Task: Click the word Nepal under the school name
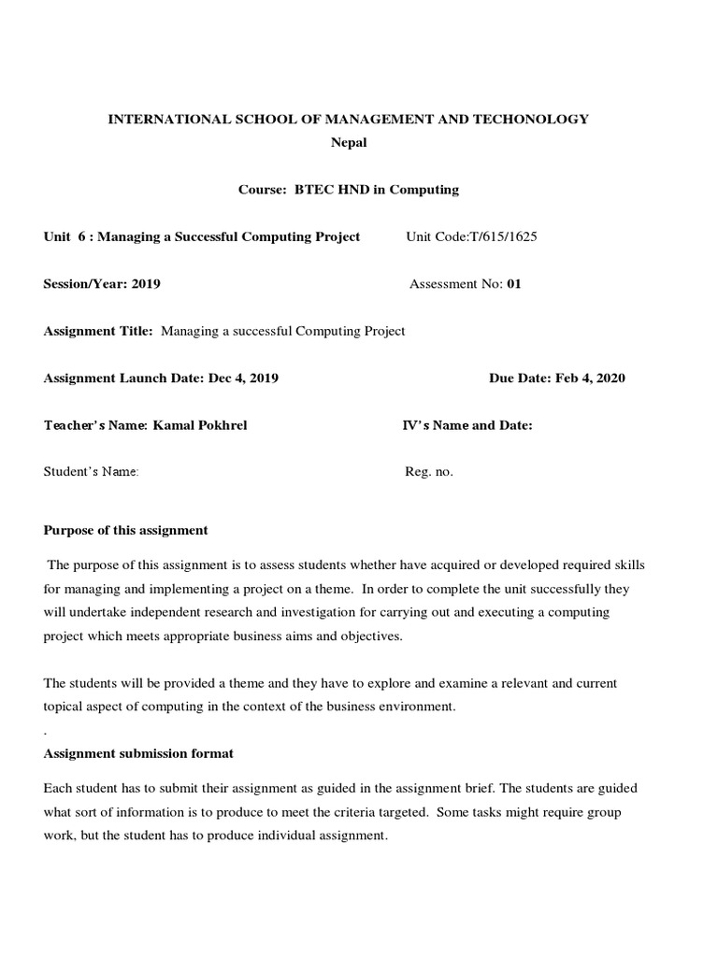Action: pyautogui.click(x=350, y=143)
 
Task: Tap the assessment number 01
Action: pyautogui.click(x=513, y=284)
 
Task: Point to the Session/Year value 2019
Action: pyautogui.click(x=146, y=284)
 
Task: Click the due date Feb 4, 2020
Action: pyautogui.click(x=590, y=379)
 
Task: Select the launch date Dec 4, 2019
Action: pyautogui.click(x=243, y=379)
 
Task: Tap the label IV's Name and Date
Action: pyautogui.click(x=467, y=425)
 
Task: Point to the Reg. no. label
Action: pyautogui.click(x=429, y=472)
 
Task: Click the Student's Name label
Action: pyautogui.click(x=92, y=472)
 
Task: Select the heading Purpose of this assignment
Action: pyautogui.click(x=126, y=530)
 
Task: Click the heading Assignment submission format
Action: pyautogui.click(x=139, y=753)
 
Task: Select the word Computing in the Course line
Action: pyautogui.click(x=427, y=190)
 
